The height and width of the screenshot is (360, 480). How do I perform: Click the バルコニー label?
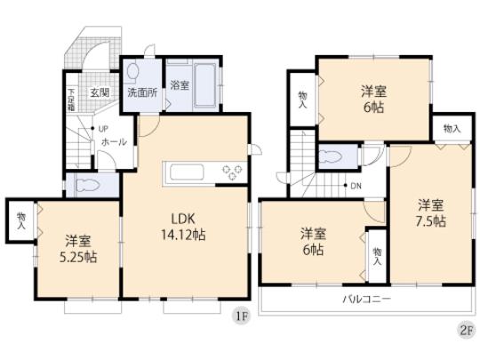(x=366, y=299)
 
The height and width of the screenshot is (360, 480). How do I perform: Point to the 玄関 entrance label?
(x=98, y=92)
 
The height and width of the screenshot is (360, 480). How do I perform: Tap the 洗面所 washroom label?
(x=141, y=92)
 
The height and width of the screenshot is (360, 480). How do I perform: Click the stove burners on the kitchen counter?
(x=234, y=172)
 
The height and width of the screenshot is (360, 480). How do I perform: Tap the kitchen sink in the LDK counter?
(x=187, y=171)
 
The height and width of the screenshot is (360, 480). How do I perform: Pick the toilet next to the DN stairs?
(x=336, y=156)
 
